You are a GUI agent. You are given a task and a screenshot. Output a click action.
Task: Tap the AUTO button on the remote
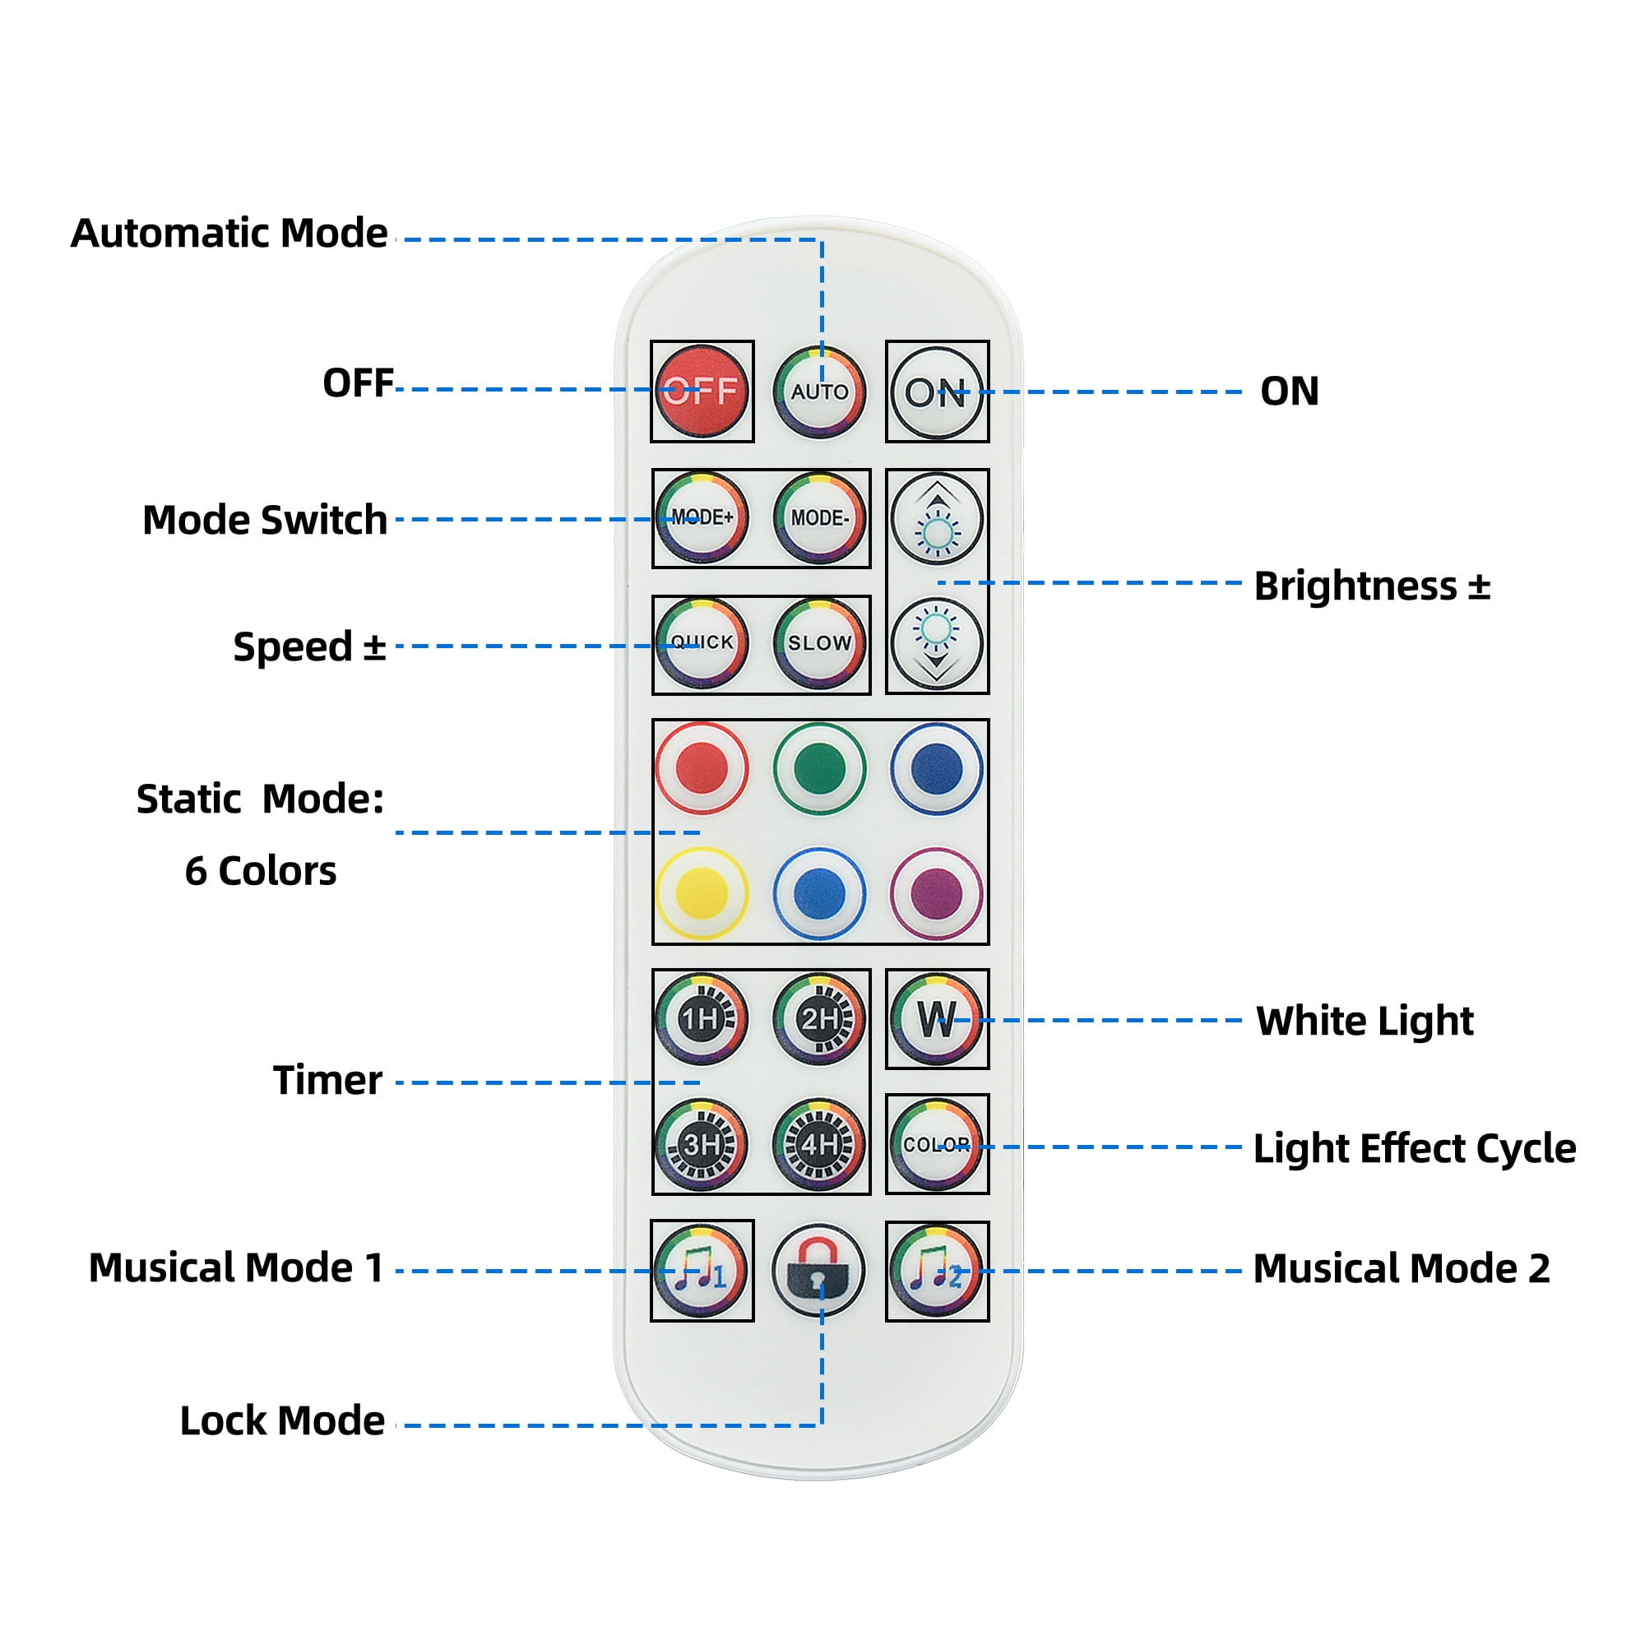pyautogui.click(x=819, y=392)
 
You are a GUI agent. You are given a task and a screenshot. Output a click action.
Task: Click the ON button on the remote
pyautogui.click(x=937, y=392)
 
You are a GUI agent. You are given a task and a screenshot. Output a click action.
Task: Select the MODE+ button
pyautogui.click(x=702, y=517)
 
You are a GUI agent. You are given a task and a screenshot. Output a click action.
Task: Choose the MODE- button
pyautogui.click(x=819, y=517)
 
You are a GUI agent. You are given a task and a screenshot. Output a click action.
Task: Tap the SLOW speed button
pyautogui.click(x=819, y=643)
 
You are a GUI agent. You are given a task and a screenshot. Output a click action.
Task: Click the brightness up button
pyautogui.click(x=937, y=519)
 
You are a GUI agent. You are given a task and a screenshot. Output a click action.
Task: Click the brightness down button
pyautogui.click(x=937, y=643)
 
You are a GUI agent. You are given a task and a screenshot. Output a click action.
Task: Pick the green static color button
pyautogui.click(x=819, y=768)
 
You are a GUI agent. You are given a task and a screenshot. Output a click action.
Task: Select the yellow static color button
pyautogui.click(x=702, y=893)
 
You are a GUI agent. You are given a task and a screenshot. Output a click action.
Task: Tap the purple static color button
pyautogui.click(x=937, y=893)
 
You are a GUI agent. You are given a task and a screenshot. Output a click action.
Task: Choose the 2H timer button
pyautogui.click(x=819, y=1018)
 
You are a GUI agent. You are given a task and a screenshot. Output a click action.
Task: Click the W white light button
pyautogui.click(x=937, y=1018)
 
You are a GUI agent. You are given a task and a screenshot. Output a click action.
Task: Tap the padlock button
pyautogui.click(x=819, y=1271)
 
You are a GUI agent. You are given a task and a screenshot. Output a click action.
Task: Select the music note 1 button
pyautogui.click(x=702, y=1271)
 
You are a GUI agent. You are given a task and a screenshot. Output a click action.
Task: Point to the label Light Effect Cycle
pyautogui.click(x=1414, y=1148)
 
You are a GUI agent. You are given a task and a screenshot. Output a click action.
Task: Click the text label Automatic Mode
pyautogui.click(x=229, y=234)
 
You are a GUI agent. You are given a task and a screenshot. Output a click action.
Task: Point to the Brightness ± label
pyautogui.click(x=1372, y=586)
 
